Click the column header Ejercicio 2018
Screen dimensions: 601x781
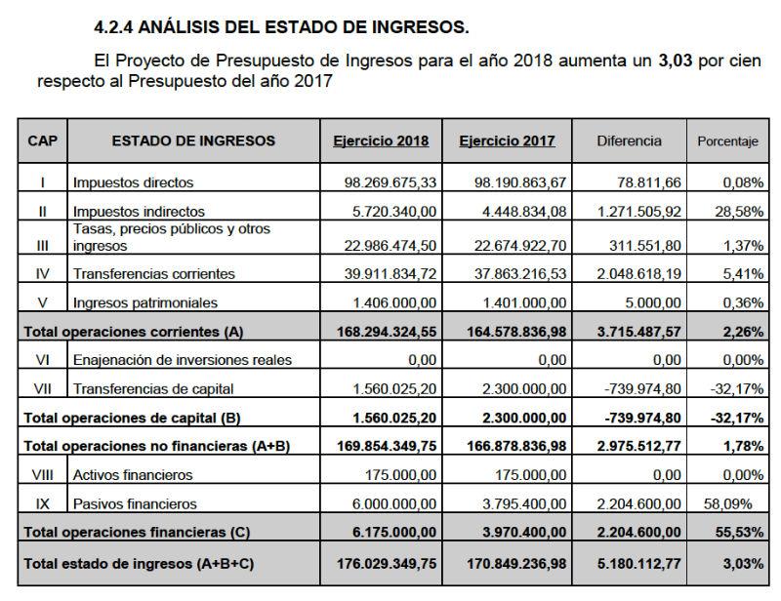point(380,140)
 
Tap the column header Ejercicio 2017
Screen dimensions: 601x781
point(507,140)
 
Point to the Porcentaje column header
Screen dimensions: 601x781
point(727,141)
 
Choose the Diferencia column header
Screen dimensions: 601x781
point(629,140)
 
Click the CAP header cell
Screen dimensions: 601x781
point(42,140)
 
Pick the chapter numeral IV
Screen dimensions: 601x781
point(42,274)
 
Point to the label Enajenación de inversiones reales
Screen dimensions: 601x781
point(183,360)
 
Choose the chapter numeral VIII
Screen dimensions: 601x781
point(42,475)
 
